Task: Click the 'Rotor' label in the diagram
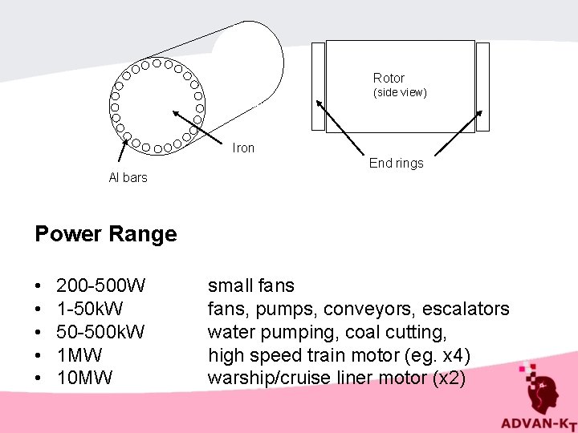pyautogui.click(x=389, y=78)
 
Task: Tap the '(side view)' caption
pyautogui.click(x=399, y=93)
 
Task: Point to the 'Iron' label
pyautogui.click(x=243, y=148)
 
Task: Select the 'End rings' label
pyautogui.click(x=396, y=164)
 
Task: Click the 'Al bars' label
pyautogui.click(x=128, y=178)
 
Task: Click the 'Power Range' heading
pyautogui.click(x=105, y=234)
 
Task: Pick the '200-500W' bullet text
pyautogui.click(x=101, y=285)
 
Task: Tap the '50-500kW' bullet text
pyautogui.click(x=101, y=332)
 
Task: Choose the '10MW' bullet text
pyautogui.click(x=85, y=378)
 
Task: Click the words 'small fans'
pyautogui.click(x=251, y=285)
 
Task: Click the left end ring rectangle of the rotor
pyautogui.click(x=318, y=86)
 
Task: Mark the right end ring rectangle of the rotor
pyautogui.click(x=482, y=86)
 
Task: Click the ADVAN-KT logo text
pyautogui.click(x=536, y=423)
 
